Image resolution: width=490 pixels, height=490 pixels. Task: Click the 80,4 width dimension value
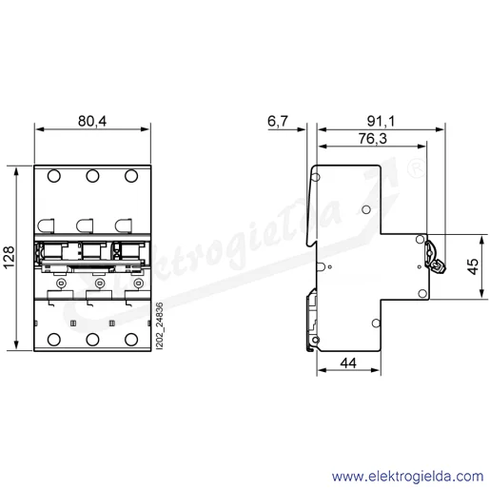tap(92, 121)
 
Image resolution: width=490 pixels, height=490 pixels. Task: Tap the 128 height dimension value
tap(9, 257)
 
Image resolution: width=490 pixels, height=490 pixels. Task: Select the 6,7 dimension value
tap(278, 121)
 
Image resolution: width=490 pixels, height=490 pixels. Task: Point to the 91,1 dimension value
tap(381, 121)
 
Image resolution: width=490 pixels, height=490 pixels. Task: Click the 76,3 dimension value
tap(373, 138)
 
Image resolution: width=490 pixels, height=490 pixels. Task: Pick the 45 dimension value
tap(473, 266)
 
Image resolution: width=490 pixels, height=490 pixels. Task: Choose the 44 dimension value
tap(348, 363)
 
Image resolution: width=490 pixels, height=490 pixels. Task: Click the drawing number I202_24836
tap(160, 326)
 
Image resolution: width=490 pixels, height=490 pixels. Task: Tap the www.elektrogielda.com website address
tap(408, 477)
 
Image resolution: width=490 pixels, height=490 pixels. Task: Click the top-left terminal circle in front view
tap(54, 176)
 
